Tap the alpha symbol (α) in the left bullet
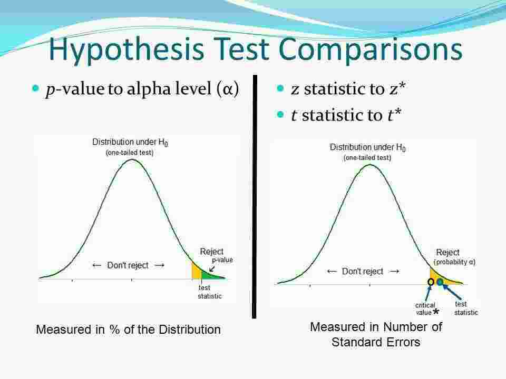(x=227, y=90)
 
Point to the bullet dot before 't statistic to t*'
(x=280, y=114)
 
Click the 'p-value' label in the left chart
(x=222, y=260)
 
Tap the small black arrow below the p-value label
(x=212, y=268)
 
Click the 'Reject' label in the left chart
(x=211, y=252)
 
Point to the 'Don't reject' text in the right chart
(x=363, y=271)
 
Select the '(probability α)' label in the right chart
(x=454, y=262)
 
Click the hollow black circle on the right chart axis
(x=431, y=283)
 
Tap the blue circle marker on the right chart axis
(x=440, y=282)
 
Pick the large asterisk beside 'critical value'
(x=436, y=313)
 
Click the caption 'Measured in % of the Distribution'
(x=128, y=330)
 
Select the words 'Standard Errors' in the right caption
(x=376, y=342)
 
